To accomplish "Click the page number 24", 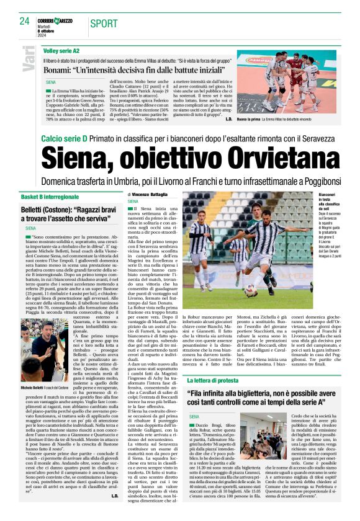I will [24, 21].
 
